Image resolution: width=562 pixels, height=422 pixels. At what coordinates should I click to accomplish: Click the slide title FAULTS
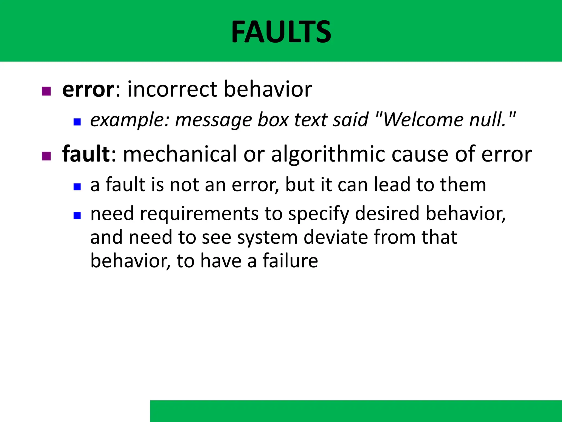point(281,32)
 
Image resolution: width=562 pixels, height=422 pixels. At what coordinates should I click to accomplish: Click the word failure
point(290,260)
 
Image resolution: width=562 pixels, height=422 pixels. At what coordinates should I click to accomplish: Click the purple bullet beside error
point(46,91)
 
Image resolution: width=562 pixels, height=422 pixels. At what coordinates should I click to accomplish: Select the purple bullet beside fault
point(46,156)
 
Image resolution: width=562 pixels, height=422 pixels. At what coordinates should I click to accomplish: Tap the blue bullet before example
point(77,122)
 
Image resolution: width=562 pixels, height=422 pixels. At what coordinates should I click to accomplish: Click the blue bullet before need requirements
point(77,215)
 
